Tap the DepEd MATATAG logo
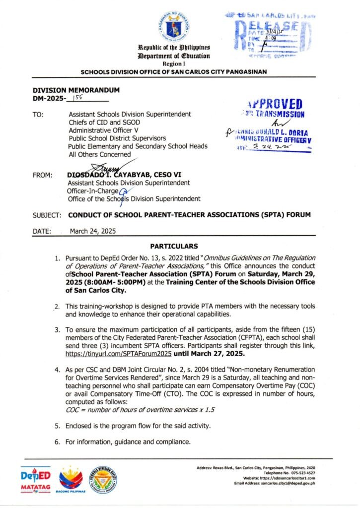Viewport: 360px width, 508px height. coord(36,480)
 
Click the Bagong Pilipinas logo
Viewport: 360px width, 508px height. coord(71,480)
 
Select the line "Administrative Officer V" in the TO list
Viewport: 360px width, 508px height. coord(104,130)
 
